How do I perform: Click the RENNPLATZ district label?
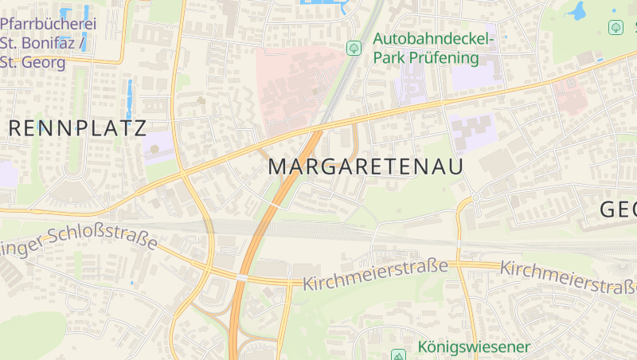[77, 128]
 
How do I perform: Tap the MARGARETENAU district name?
[365, 166]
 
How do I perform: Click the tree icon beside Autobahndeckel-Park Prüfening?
[354, 49]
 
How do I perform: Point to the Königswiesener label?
[473, 347]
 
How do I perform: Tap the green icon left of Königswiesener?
[398, 354]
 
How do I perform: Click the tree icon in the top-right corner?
[616, 27]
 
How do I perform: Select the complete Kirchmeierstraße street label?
[375, 274]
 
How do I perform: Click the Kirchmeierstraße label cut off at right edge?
[569, 277]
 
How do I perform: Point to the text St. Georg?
[33, 61]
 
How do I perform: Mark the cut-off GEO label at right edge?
[619, 209]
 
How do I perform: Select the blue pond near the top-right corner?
[575, 10]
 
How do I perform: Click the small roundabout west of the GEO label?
[475, 196]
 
